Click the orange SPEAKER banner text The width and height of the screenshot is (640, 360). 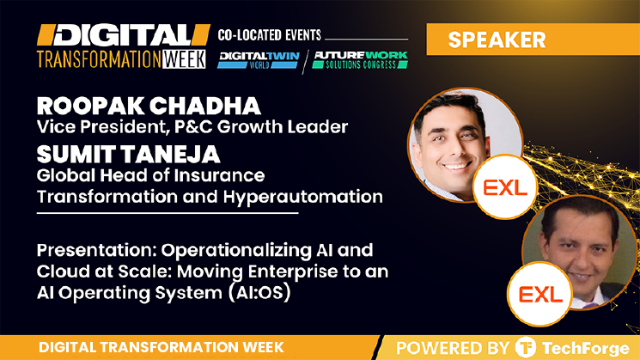point(497,40)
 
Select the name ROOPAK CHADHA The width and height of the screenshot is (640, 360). point(149,107)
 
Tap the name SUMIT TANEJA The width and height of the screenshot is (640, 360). point(129,155)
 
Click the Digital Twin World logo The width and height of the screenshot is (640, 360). point(259,59)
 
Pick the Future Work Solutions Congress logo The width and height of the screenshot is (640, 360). point(360,59)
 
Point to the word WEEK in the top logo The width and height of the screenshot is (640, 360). point(184,59)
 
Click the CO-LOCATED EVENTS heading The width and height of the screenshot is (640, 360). point(270,35)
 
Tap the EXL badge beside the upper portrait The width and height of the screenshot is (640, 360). point(505,187)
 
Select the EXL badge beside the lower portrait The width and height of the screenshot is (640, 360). point(540,294)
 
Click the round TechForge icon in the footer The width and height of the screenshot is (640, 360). point(525,347)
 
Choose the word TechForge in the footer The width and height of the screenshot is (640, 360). point(585,348)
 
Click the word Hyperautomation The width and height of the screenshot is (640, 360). point(303,197)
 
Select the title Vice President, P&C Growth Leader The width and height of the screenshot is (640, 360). point(192,127)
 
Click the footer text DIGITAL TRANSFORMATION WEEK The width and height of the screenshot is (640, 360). point(162,347)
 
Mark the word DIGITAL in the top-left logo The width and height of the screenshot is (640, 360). point(123,35)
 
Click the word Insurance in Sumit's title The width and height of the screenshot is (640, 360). point(220,175)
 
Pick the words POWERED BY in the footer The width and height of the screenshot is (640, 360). point(453,348)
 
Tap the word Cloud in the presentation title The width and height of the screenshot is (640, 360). point(61,272)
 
